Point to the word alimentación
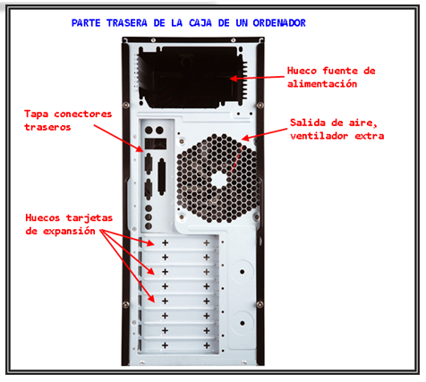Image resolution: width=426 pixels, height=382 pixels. tap(322, 83)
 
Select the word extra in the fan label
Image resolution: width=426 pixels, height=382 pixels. tap(370, 136)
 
